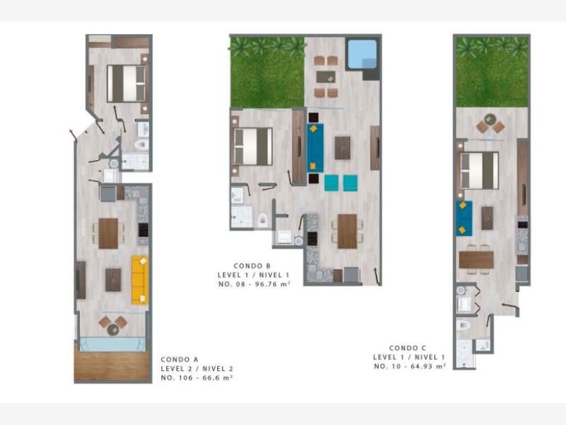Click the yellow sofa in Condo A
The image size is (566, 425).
(139, 280)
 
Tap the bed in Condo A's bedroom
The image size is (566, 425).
(127, 84)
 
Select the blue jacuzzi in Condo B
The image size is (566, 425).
(362, 55)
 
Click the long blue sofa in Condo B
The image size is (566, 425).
(315, 147)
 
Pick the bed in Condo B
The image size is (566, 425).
(253, 147)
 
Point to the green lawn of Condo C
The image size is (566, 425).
(492, 72)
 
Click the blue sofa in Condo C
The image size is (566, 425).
(464, 218)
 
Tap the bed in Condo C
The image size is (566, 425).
(480, 170)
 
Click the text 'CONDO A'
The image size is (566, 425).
(180, 360)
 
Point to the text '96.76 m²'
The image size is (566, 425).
(272, 284)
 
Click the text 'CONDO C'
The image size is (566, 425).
(408, 348)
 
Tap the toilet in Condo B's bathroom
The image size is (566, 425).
(262, 220)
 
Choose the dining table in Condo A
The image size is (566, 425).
(108, 233)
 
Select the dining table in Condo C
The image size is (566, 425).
(476, 259)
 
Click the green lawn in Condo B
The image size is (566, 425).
(267, 72)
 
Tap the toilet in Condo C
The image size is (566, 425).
(463, 325)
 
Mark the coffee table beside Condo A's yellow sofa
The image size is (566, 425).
(113, 280)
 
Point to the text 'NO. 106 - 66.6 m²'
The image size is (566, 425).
(197, 378)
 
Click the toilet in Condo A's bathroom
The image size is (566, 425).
(141, 144)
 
